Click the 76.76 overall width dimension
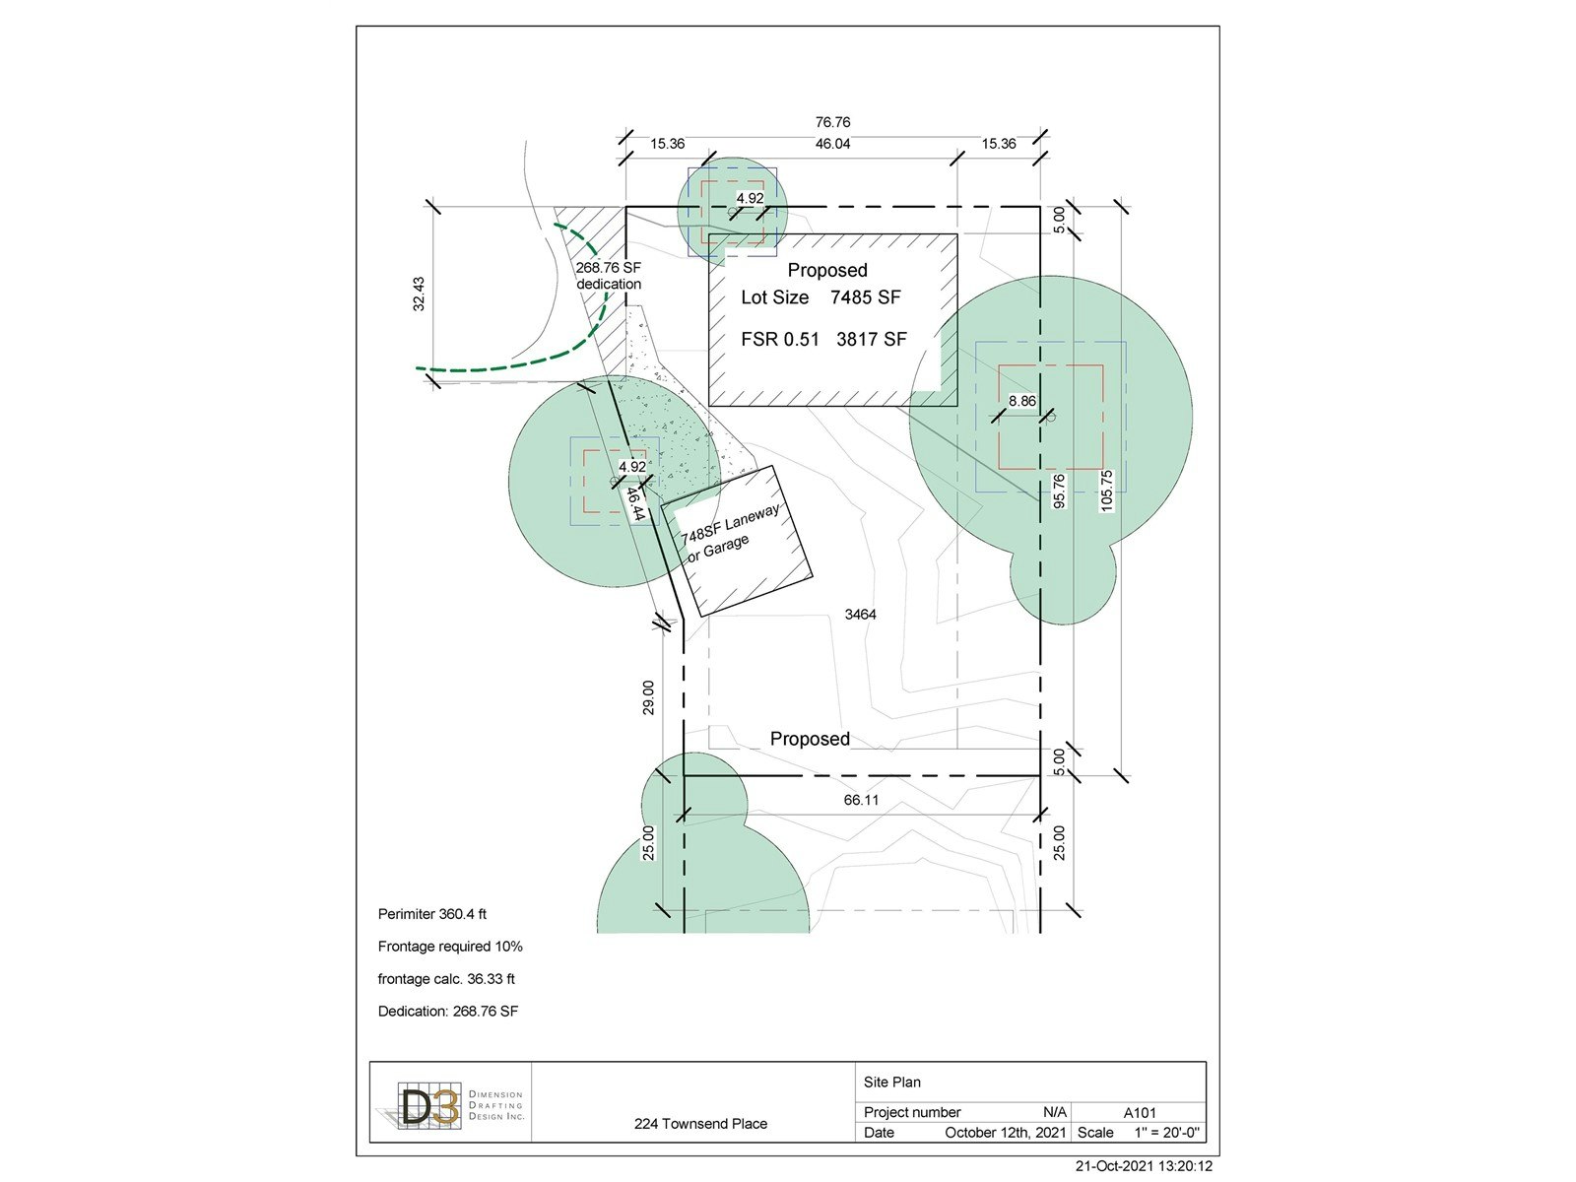(x=833, y=122)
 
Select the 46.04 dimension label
(x=833, y=144)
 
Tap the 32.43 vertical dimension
(x=419, y=295)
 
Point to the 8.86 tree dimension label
(x=1022, y=401)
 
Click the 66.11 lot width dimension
(x=861, y=800)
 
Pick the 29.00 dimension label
(x=648, y=697)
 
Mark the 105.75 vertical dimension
(x=1106, y=491)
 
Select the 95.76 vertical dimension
(x=1059, y=492)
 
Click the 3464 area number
(x=860, y=615)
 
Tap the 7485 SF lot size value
(x=865, y=297)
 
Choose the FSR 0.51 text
(x=780, y=339)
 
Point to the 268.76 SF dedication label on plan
(x=609, y=276)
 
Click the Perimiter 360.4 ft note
(x=432, y=914)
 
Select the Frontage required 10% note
(x=450, y=947)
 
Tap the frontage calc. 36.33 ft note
(x=446, y=979)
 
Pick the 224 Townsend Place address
(x=700, y=1124)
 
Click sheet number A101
(x=1141, y=1113)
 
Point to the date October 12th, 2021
(x=1006, y=1133)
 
